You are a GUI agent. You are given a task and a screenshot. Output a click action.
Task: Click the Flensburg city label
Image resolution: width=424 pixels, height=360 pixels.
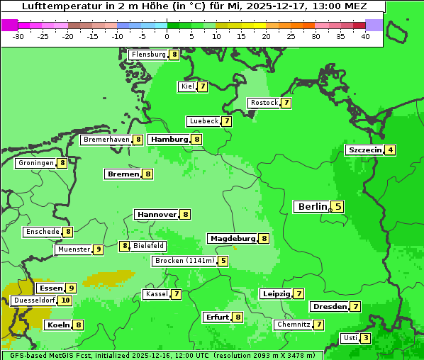(148, 55)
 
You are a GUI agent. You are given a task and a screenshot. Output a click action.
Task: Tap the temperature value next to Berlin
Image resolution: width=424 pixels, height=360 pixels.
(338, 207)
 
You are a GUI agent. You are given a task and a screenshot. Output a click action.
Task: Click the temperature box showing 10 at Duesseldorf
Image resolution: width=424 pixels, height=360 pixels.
(65, 300)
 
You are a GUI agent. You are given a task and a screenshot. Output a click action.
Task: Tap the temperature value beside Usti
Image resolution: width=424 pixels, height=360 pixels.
(365, 338)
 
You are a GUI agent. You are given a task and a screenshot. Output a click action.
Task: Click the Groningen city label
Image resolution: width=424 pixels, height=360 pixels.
(35, 163)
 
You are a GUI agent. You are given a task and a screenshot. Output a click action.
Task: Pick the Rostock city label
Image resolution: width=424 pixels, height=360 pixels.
(264, 103)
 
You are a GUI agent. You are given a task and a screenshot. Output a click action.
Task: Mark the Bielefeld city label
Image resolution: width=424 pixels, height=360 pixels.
(149, 246)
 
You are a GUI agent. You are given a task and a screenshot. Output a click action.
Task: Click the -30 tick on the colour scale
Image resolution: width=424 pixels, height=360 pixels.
(18, 36)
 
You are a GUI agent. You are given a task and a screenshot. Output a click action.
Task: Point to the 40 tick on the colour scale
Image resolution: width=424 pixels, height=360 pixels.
(365, 36)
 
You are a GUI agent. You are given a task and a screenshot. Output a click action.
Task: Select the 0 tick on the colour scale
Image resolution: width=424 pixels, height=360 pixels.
(167, 36)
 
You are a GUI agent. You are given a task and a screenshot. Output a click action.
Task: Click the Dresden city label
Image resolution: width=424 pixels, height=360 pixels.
(329, 307)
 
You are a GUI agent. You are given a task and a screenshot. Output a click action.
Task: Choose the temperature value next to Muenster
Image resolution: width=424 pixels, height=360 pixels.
(99, 249)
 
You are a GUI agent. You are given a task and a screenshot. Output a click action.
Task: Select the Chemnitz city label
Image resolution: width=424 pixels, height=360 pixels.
(294, 325)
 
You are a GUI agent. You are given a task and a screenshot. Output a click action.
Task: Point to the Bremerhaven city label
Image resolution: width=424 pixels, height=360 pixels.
(106, 140)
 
